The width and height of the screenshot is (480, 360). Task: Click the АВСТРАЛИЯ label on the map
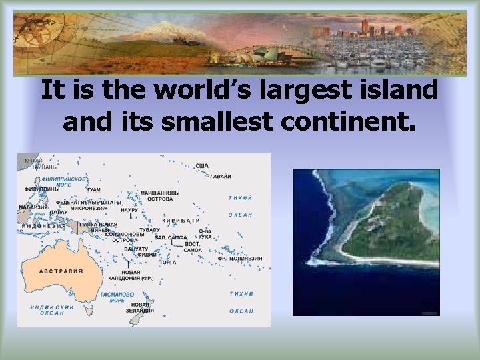(61, 271)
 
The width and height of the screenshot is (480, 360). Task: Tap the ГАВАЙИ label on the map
(221, 177)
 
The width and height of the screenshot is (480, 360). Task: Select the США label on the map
(202, 166)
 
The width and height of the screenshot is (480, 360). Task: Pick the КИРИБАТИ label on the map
(181, 220)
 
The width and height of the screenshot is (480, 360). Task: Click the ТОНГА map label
(167, 263)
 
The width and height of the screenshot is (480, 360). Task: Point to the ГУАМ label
(93, 190)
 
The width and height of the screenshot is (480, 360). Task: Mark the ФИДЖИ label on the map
(147, 254)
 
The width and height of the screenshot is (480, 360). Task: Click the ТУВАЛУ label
(150, 230)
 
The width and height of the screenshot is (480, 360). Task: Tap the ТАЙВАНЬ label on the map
(35, 167)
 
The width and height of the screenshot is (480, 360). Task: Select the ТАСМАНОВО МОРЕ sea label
(117, 297)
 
